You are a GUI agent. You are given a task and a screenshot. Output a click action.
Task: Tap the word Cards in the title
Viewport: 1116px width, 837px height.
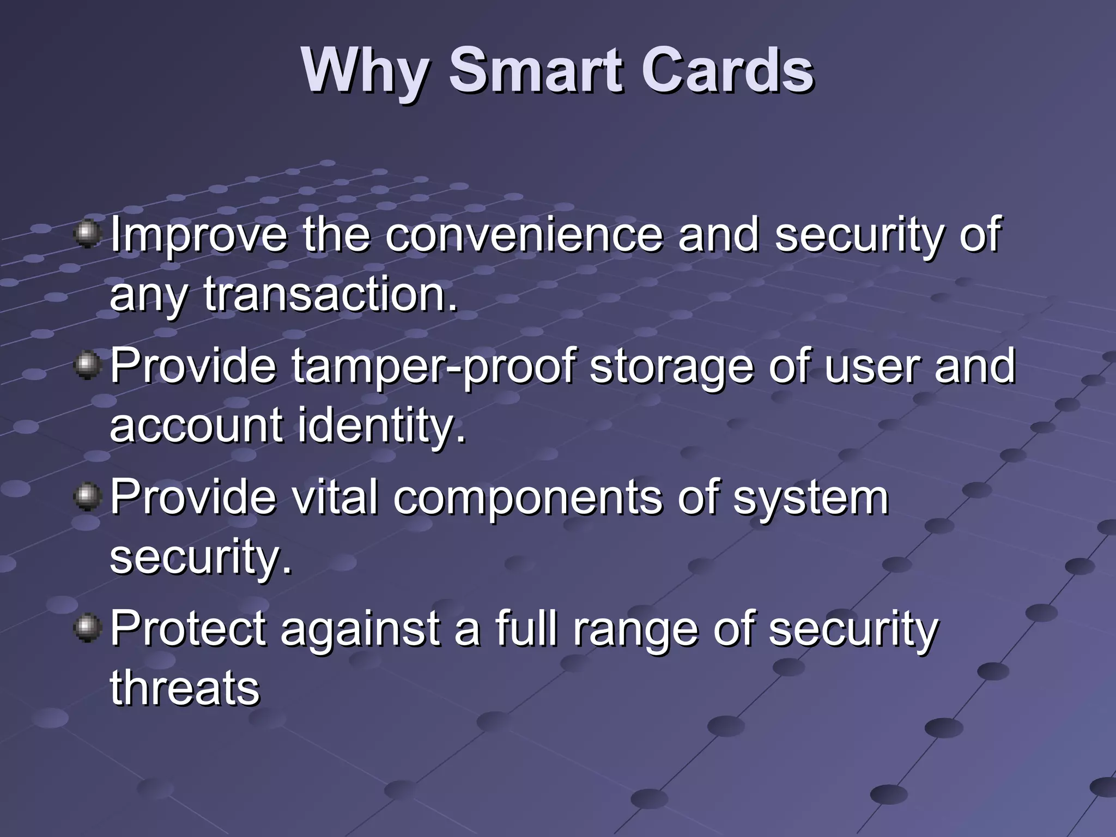[727, 71]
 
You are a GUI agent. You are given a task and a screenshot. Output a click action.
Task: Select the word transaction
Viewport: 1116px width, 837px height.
[330, 294]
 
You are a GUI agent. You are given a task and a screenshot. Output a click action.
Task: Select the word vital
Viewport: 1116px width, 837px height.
[335, 497]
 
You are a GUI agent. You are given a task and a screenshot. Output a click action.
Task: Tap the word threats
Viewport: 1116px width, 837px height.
[185, 688]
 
